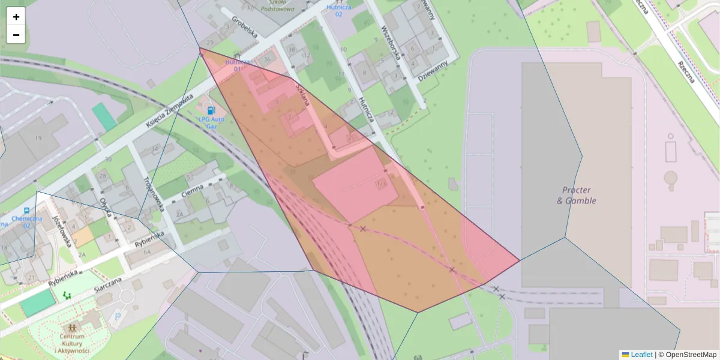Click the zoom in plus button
point(16,17)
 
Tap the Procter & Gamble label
point(576,195)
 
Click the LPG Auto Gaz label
point(211,122)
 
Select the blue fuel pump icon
point(211,110)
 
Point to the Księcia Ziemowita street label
point(170,110)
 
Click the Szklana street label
point(302,94)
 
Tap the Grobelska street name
point(244,26)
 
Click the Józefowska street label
point(63,230)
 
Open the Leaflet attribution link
point(641,355)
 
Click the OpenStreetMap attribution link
point(687,355)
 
